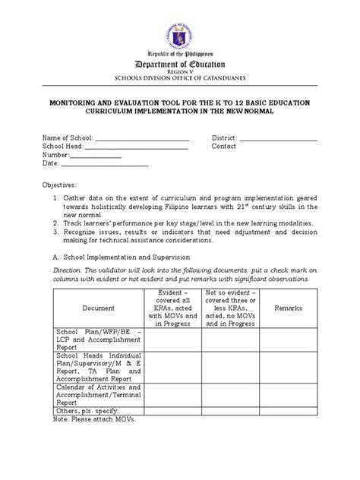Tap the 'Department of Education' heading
(x=180, y=65)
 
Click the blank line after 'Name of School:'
(x=141, y=138)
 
